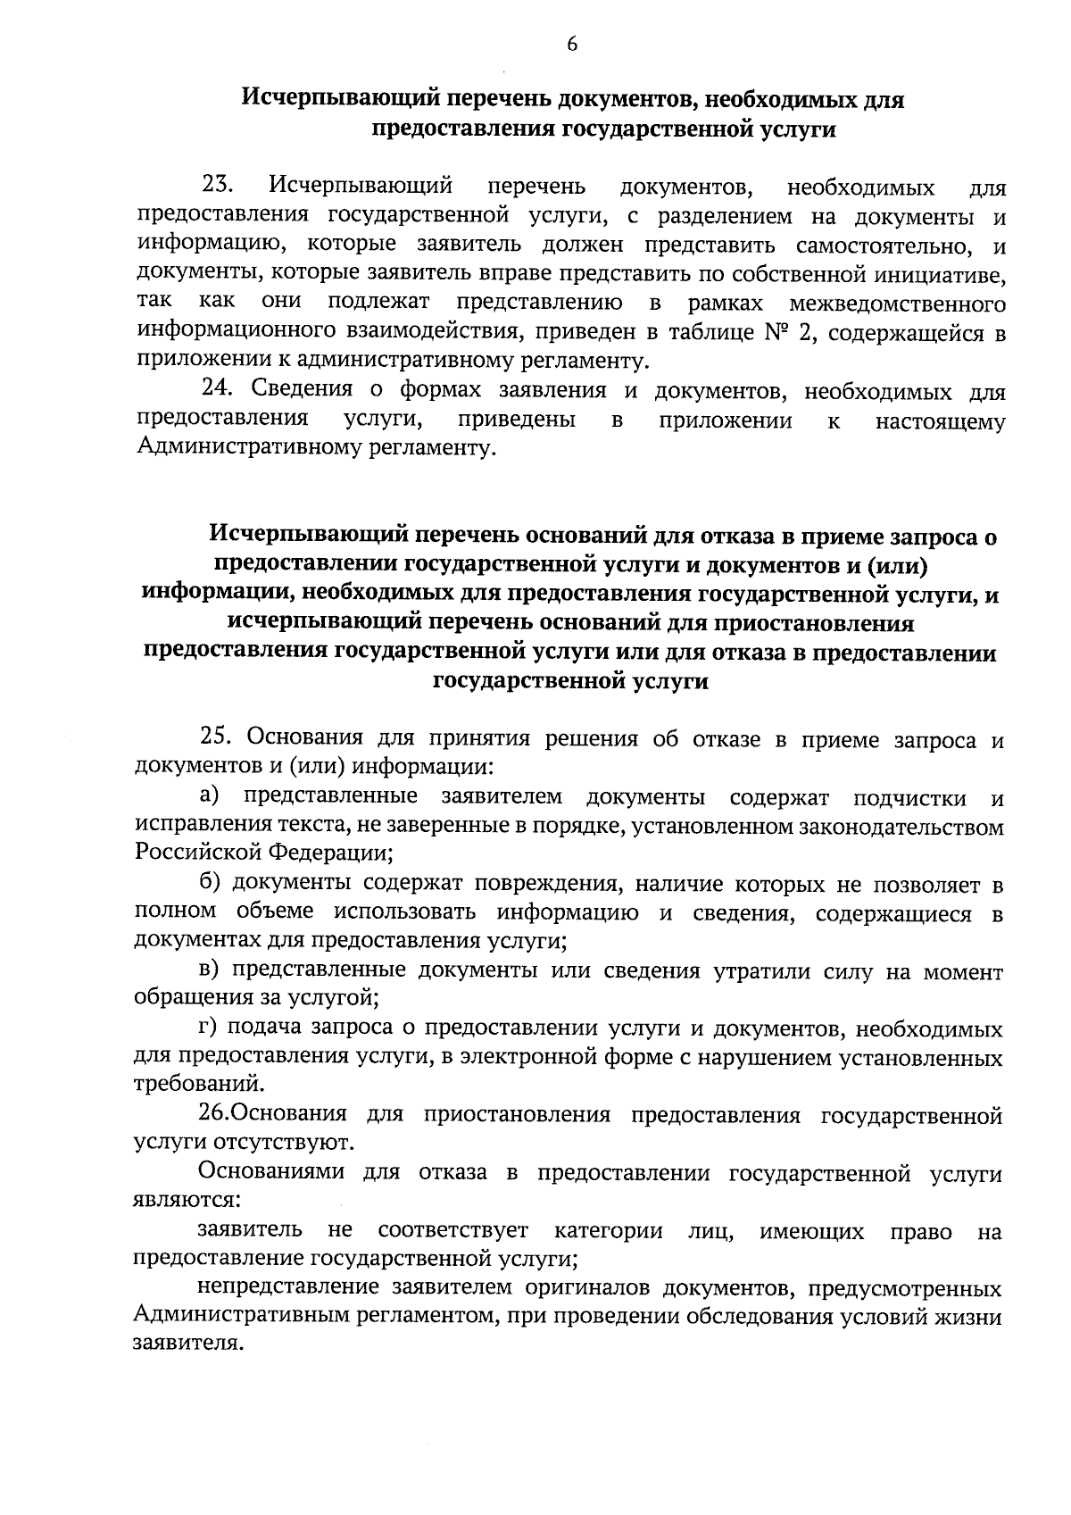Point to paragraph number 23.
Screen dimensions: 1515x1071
tap(218, 186)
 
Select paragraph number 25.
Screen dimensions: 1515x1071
tap(218, 738)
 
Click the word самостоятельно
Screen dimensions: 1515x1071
tap(884, 245)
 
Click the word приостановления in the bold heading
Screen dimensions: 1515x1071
tap(795, 624)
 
